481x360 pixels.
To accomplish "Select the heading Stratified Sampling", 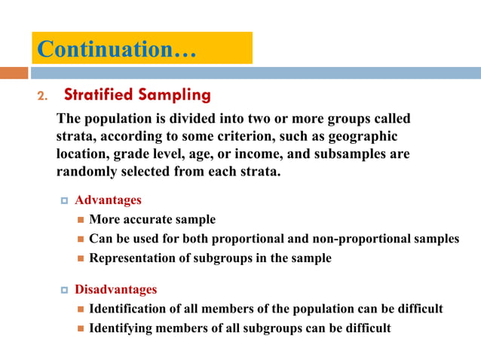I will click(x=137, y=96).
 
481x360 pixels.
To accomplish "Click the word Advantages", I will click(x=108, y=200).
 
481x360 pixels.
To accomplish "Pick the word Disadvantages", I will click(x=115, y=289).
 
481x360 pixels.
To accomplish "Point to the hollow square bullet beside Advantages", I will click(x=65, y=201).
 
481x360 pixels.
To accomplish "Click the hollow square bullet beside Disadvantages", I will click(x=65, y=290).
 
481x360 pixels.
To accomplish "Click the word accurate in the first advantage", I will click(x=149, y=220).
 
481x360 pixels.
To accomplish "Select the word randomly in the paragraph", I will click(x=84, y=172).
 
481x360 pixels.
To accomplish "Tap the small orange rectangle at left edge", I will click(x=14, y=73).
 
